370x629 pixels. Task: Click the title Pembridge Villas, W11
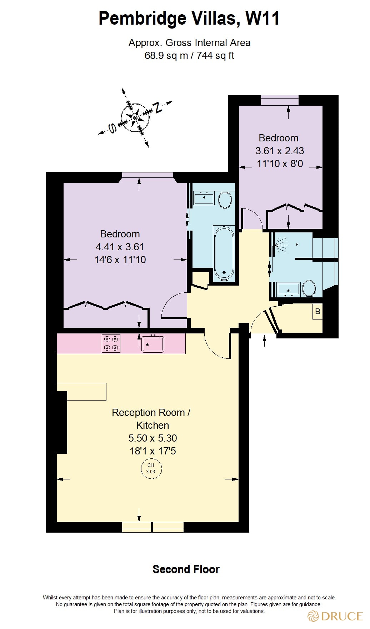coord(189,19)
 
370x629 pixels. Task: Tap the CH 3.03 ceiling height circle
coord(151,468)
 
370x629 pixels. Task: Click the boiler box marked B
coord(317,312)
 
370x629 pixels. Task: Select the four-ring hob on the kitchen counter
coord(111,343)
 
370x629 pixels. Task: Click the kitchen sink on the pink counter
coord(153,344)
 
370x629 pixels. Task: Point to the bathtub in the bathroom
coord(224,253)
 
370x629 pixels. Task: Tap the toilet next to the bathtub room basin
coord(225,200)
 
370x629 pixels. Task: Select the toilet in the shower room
coord(309,288)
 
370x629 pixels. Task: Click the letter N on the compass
coord(157,107)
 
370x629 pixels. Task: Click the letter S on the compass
coord(112,128)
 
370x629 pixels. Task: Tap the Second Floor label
coord(186,569)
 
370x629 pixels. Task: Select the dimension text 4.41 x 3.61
coord(120,247)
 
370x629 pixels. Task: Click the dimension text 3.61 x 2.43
coord(279,151)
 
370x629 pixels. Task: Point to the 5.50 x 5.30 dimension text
coord(152,438)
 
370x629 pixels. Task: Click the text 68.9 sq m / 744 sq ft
coord(189,56)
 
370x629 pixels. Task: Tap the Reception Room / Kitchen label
coord(151,419)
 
